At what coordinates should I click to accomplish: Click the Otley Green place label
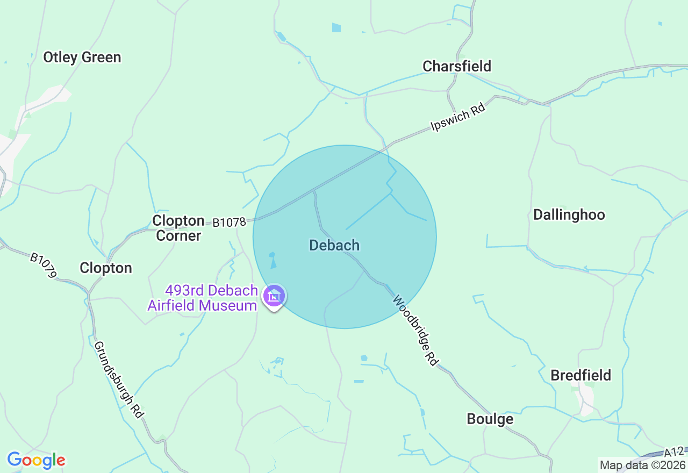(x=82, y=58)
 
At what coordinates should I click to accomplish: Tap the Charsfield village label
(x=457, y=66)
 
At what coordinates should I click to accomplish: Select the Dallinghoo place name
(x=569, y=215)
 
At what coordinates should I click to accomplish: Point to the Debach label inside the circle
(x=334, y=245)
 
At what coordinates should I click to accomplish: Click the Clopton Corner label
(x=178, y=228)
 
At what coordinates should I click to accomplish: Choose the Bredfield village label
(x=580, y=375)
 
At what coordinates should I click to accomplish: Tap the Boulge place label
(x=490, y=419)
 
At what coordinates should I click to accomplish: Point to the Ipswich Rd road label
(x=458, y=118)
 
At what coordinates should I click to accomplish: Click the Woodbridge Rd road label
(x=414, y=330)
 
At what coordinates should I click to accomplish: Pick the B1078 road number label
(x=229, y=222)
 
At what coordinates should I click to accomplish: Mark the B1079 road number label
(x=43, y=266)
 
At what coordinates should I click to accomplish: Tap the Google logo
(x=36, y=460)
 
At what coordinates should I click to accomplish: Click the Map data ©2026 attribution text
(x=643, y=465)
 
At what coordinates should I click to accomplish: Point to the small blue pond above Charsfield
(x=336, y=27)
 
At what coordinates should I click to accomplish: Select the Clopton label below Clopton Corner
(x=106, y=268)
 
